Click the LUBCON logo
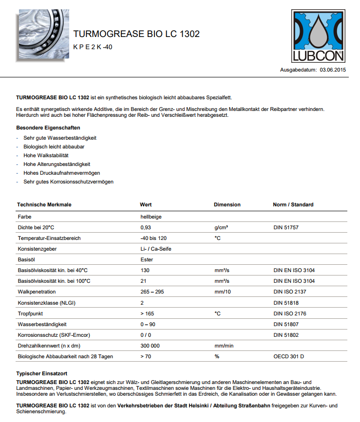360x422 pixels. (318, 36)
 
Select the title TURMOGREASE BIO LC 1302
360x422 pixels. (136, 34)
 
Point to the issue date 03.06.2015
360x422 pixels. (333, 70)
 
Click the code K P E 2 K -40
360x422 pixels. (93, 47)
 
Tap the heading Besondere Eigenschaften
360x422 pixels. (48, 128)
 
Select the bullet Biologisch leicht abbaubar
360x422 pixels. (54, 147)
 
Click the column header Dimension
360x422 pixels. (227, 204)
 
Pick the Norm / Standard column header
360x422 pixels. (293, 204)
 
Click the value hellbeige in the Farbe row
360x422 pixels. (151, 217)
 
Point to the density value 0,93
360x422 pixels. (146, 227)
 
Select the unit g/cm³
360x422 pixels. (222, 227)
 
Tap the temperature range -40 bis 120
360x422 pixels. (153, 238)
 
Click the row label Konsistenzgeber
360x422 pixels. (37, 249)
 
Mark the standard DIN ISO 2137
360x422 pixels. (290, 292)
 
